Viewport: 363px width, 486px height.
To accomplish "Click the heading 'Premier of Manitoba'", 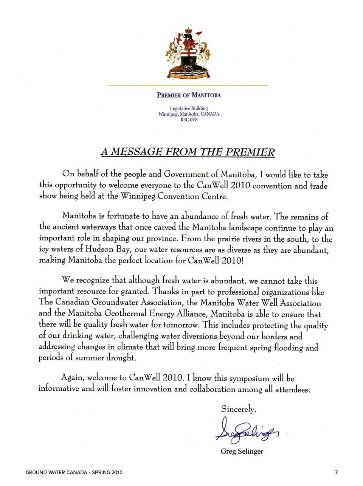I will click(189, 95).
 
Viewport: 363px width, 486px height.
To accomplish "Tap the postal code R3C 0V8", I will click(189, 120).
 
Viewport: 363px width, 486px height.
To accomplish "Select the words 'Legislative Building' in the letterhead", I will click(189, 108).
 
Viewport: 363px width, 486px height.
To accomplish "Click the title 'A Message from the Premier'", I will click(188, 152).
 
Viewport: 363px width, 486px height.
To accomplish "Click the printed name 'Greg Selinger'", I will click(242, 451).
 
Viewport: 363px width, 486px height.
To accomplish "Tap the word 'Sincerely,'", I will click(239, 409).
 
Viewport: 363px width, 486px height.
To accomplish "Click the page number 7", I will click(337, 472).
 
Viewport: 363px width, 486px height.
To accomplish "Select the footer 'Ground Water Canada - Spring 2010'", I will click(74, 472).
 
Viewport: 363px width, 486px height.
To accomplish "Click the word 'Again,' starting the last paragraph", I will click(72, 377).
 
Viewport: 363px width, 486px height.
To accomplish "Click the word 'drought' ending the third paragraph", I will click(121, 357).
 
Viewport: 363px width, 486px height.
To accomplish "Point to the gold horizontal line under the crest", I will click(188, 85).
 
